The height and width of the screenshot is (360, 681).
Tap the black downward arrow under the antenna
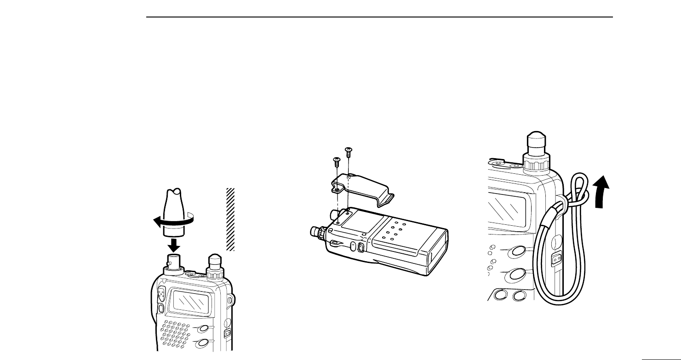point(173,243)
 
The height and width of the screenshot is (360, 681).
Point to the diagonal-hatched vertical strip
point(231,219)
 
